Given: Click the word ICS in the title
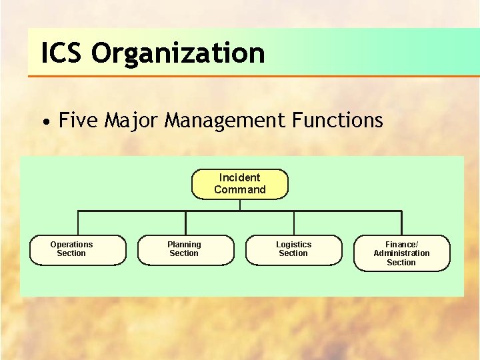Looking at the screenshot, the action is point(63,53).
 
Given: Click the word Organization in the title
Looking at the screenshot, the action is point(178,53).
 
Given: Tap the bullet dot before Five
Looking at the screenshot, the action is point(45,122).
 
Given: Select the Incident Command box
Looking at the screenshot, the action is point(240,184).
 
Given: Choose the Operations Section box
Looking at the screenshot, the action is point(79,250).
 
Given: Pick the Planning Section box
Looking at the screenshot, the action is point(185,250).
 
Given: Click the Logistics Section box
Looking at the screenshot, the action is point(293,250).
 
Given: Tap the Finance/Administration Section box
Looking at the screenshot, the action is point(401,253).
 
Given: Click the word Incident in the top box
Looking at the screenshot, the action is point(240,177).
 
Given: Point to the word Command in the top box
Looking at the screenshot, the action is point(240,189).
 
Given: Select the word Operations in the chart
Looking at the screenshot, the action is point(71,245).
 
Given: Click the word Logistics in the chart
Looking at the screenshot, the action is point(293,245).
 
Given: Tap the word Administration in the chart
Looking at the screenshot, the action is point(401,253).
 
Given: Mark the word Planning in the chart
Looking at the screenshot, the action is point(184,245).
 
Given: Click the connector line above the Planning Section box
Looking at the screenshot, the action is point(185,223).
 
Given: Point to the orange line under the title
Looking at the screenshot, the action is point(253,76).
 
